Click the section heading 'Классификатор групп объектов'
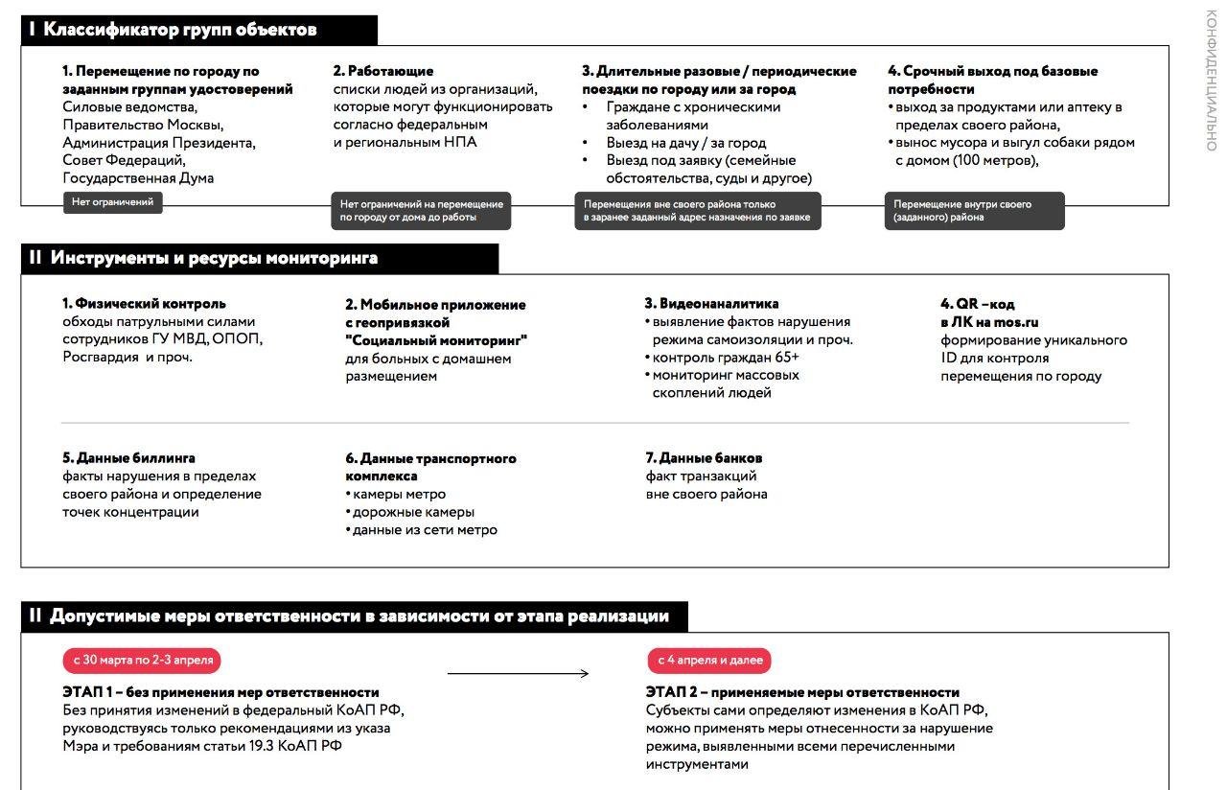tap(180, 30)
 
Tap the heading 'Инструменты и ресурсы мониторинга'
tap(214, 258)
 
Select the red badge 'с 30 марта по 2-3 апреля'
tap(142, 661)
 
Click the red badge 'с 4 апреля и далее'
tap(709, 661)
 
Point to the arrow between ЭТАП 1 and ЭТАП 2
tap(518, 674)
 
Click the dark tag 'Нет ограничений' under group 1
tap(112, 202)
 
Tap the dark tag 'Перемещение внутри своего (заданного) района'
tap(974, 211)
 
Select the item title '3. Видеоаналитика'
tap(711, 304)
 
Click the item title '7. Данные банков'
tap(704, 458)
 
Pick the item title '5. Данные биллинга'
tap(128, 458)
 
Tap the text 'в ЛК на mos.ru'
tap(989, 322)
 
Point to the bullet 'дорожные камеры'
tap(413, 512)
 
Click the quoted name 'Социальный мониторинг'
tap(436, 340)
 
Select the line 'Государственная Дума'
tap(138, 178)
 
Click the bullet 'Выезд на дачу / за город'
tap(686, 143)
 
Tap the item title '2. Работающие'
tap(383, 71)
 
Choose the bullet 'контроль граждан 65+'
tap(726, 358)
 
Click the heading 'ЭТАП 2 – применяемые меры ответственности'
tap(802, 692)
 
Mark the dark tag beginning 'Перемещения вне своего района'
tap(699, 211)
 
